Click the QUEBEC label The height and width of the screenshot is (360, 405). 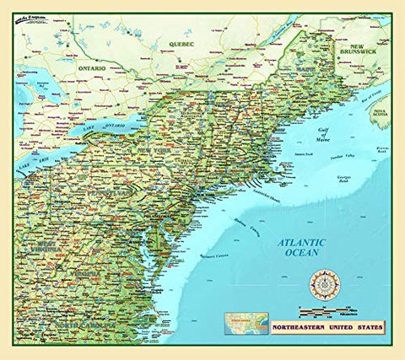point(181,42)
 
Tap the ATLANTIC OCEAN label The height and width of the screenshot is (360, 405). point(302,248)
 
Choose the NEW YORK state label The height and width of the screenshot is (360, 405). point(167,149)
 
